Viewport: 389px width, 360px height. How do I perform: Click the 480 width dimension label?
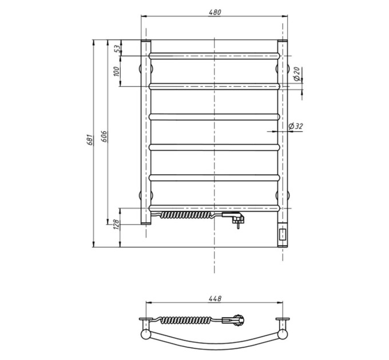coord(215,12)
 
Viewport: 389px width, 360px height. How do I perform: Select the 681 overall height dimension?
coord(90,140)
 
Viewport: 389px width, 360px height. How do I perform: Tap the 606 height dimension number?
coord(105,137)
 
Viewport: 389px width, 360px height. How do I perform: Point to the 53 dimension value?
coord(118,47)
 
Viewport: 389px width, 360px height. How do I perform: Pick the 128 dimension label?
coord(117,225)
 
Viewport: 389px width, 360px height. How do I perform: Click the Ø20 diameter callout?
coord(297,74)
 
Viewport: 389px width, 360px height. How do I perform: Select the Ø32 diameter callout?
coord(296,126)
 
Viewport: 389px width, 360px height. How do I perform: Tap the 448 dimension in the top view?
coord(215,298)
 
